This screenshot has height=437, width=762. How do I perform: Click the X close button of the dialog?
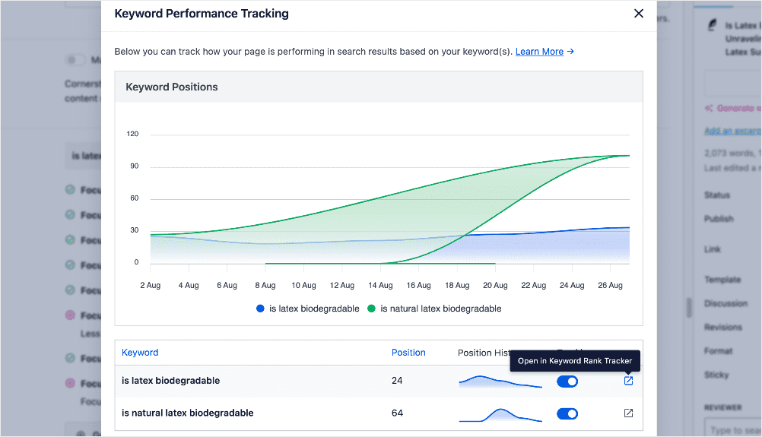tap(639, 14)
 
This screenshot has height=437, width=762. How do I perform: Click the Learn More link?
tap(539, 52)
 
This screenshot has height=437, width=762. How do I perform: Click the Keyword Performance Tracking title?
tap(202, 14)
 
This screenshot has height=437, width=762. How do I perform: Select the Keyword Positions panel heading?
tap(172, 87)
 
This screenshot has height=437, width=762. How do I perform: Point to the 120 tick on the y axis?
tap(132, 135)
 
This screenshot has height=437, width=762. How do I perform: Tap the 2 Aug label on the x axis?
tap(150, 286)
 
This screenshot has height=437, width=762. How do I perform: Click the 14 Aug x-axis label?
tap(380, 286)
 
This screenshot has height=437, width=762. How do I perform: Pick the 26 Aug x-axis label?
tap(610, 286)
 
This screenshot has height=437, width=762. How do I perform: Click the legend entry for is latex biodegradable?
tap(308, 309)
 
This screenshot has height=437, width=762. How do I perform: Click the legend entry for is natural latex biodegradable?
tap(434, 309)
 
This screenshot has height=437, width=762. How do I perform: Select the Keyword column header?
tap(140, 353)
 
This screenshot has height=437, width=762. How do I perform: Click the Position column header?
tap(408, 353)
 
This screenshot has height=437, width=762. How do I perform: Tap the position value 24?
tap(397, 381)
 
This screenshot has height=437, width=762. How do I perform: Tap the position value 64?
tap(397, 413)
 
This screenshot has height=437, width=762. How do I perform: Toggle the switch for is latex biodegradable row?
tap(567, 381)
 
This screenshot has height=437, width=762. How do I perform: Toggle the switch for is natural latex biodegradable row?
tap(567, 413)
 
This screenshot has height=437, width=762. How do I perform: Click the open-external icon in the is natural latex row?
tap(628, 413)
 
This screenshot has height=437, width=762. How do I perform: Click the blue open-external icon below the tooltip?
tap(628, 381)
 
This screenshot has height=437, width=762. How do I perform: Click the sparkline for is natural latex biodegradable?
tap(500, 414)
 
